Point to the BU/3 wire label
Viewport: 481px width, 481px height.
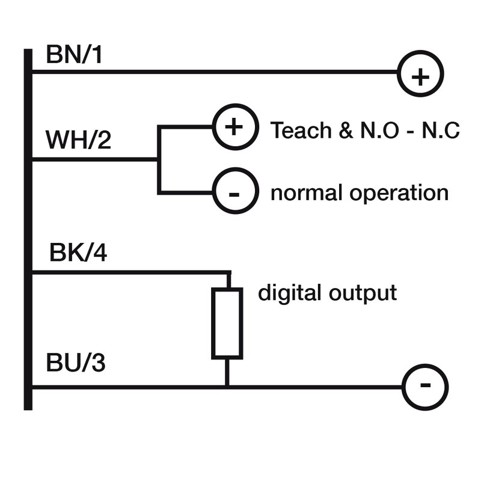tap(77, 364)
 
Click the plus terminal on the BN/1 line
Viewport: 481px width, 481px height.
tap(420, 76)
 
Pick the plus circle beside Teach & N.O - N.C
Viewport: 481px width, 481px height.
tap(235, 127)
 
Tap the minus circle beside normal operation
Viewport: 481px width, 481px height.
tap(235, 194)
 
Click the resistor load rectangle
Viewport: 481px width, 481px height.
tap(227, 323)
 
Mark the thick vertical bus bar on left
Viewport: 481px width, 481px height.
tap(28, 228)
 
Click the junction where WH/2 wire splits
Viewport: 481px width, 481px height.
tap(158, 159)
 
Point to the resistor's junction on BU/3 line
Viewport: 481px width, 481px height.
tap(227, 387)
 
